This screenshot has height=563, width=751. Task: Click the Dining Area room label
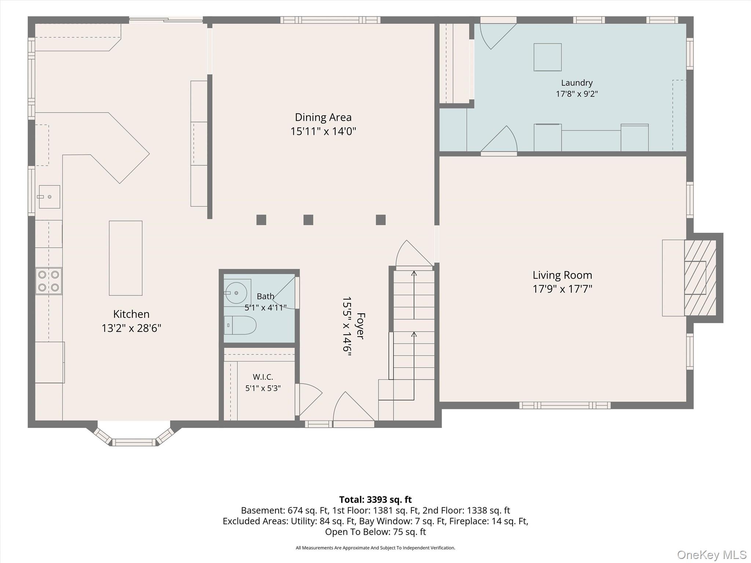point(323,117)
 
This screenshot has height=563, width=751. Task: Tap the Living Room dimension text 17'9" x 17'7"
point(562,289)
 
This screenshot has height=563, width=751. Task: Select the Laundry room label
point(577,83)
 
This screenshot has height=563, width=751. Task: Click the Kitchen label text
point(131,314)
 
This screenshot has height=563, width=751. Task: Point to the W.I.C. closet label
point(263,377)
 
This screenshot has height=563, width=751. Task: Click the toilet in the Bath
point(240,325)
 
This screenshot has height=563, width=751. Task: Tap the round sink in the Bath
point(236,293)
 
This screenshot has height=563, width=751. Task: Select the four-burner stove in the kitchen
point(49,281)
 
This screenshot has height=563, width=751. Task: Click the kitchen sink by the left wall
point(50,197)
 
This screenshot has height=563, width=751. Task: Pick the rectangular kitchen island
point(126,258)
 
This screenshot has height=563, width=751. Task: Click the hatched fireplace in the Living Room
point(700,278)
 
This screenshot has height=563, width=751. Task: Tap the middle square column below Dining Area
point(308,220)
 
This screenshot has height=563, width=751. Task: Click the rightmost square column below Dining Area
point(381,220)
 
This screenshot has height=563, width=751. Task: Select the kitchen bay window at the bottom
point(134,437)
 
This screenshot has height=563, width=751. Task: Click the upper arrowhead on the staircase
point(414,273)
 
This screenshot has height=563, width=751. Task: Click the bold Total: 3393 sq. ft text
point(375,500)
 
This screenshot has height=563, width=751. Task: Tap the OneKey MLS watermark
point(712,555)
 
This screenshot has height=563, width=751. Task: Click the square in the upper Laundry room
point(547,57)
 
